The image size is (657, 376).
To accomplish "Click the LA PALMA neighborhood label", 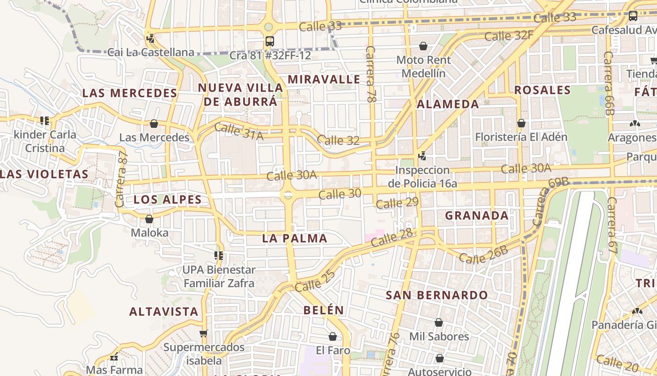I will pyautogui.click(x=295, y=238).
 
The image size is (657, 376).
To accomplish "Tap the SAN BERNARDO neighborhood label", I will pyautogui.click(x=436, y=295).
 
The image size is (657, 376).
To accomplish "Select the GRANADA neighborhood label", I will pyautogui.click(x=476, y=216).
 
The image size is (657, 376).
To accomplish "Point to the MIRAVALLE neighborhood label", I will pyautogui.click(x=324, y=79).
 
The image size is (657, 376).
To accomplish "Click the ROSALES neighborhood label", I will pyautogui.click(x=542, y=90).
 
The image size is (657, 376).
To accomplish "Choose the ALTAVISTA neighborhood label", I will pyautogui.click(x=164, y=312).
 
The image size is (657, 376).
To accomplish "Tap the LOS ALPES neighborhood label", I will pyautogui.click(x=168, y=200).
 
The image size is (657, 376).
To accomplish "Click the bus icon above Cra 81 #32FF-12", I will pyautogui.click(x=269, y=41).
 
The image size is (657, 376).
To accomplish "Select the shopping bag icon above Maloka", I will pyautogui.click(x=149, y=219).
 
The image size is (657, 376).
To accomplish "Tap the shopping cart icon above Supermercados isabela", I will pyautogui.click(x=203, y=334).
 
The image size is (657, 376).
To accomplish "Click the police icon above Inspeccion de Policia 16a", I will pyautogui.click(x=422, y=156).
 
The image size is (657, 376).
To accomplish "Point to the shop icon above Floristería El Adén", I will pyautogui.click(x=521, y=123).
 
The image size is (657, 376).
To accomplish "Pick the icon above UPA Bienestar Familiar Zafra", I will pyautogui.click(x=219, y=256).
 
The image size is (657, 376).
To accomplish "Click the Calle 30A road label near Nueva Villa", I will pyautogui.click(x=291, y=175).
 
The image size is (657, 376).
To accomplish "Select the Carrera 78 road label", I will pyautogui.click(x=371, y=74).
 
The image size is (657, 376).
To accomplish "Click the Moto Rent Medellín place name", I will pyautogui.click(x=423, y=67).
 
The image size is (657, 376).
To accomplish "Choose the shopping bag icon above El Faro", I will pyautogui.click(x=333, y=337).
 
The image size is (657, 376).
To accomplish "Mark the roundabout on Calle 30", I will pyautogui.click(x=288, y=195).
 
